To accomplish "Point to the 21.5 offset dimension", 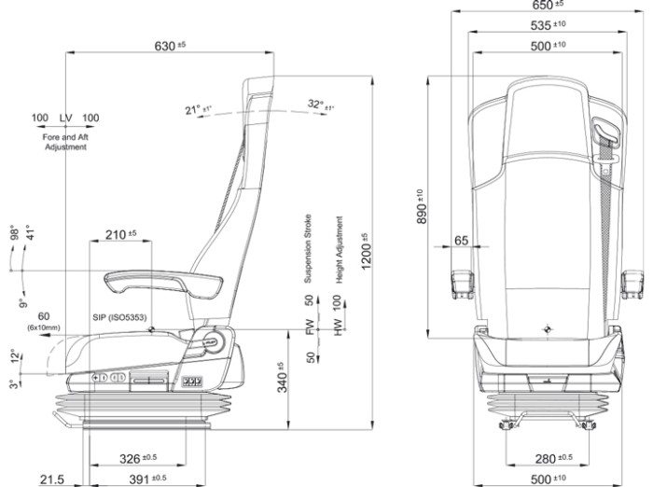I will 51,479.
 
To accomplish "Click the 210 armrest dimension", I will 119,232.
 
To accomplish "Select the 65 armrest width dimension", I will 461,240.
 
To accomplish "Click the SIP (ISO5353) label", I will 118,317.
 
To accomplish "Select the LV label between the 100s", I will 65,118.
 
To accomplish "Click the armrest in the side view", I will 149,278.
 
